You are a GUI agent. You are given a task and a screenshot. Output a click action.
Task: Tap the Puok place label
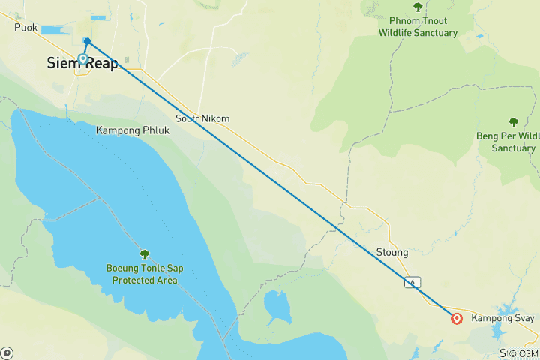[25, 28]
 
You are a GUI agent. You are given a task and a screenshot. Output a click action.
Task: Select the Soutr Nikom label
[202, 118]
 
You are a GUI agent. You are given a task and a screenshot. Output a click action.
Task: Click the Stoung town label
[391, 253]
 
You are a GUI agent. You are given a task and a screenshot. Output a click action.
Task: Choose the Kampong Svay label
[504, 319]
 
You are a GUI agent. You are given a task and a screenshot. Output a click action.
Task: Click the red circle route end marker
[457, 319]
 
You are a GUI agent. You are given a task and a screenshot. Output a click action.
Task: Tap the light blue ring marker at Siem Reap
[83, 58]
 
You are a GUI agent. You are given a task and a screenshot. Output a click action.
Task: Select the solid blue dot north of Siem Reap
[88, 41]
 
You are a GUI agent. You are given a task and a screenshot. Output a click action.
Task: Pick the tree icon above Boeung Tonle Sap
[145, 254]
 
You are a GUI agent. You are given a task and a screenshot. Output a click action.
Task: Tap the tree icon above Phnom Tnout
[418, 7]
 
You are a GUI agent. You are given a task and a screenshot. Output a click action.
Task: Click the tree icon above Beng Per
[513, 122]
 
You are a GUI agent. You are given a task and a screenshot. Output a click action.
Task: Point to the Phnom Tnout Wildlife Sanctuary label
[418, 27]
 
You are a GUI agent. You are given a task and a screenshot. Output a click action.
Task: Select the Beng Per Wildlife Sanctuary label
[508, 142]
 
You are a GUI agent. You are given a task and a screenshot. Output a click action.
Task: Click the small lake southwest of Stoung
[277, 306]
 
